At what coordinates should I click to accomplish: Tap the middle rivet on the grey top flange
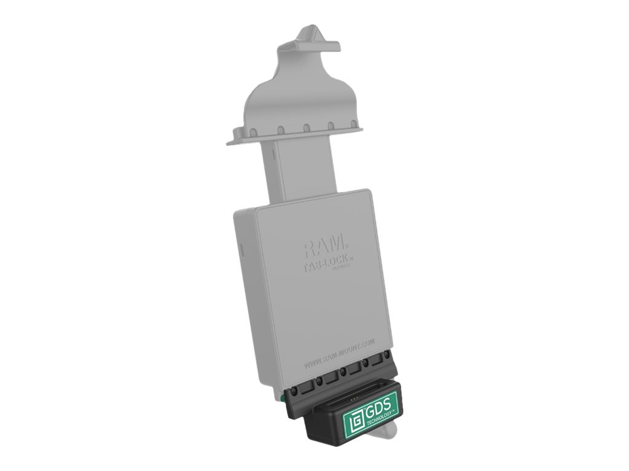tap(305, 129)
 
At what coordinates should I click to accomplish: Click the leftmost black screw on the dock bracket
tap(294, 391)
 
